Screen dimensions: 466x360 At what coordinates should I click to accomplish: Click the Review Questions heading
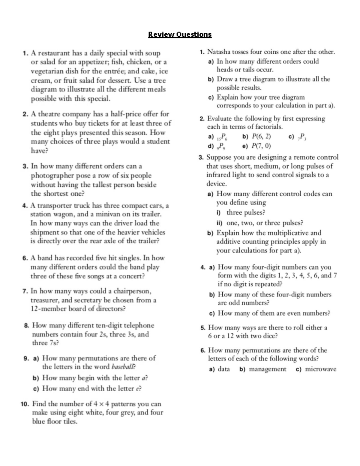tap(180, 35)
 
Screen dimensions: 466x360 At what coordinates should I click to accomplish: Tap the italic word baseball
tap(123, 367)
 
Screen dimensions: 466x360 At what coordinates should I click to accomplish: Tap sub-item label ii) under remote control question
tap(219, 223)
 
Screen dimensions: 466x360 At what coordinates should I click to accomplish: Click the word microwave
tap(320, 369)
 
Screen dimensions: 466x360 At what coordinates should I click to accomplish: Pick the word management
tap(267, 369)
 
